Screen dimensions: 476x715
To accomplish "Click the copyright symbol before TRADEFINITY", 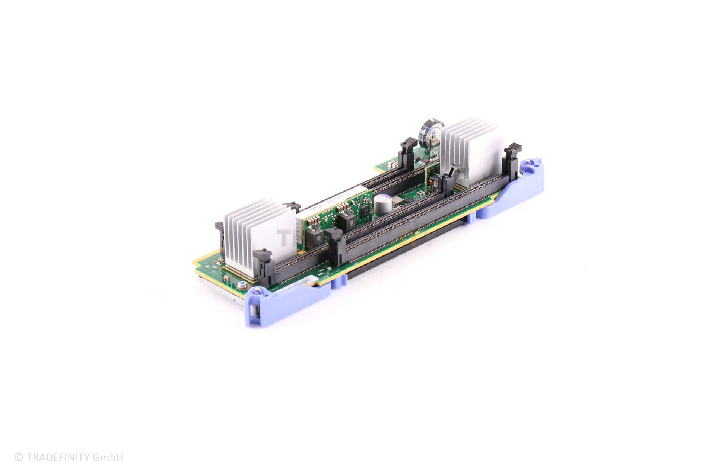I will click(19, 457).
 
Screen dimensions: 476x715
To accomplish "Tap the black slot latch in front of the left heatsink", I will click(263, 266).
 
